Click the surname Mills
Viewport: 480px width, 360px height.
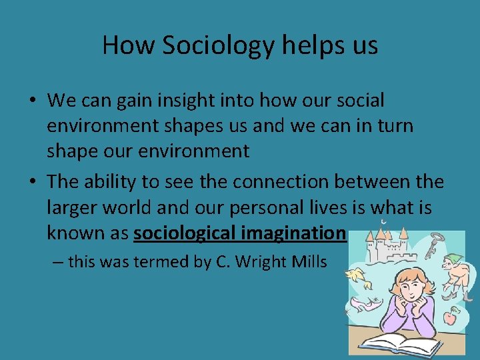click(308, 262)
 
